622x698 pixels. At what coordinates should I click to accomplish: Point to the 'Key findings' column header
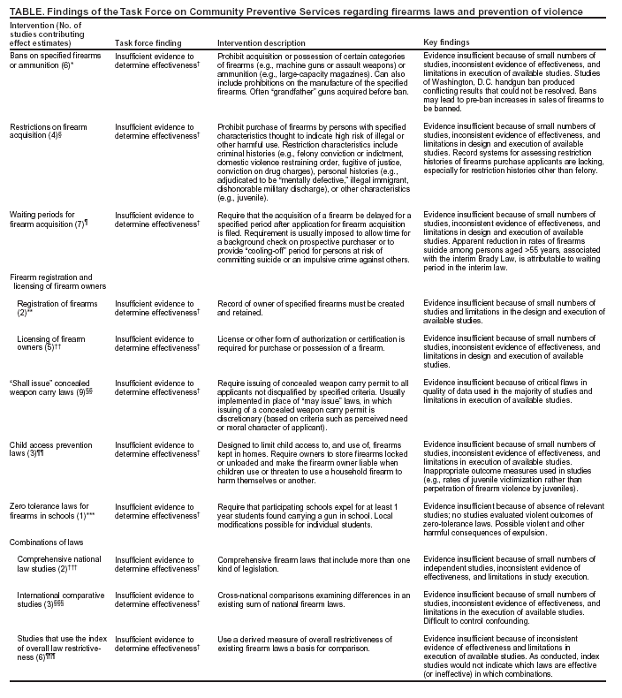tap(447, 42)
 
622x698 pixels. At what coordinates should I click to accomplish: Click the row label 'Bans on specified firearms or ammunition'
tap(52, 61)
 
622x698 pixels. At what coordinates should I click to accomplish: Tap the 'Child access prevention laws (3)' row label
tap(49, 450)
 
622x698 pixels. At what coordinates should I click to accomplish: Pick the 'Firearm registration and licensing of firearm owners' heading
tap(57, 283)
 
